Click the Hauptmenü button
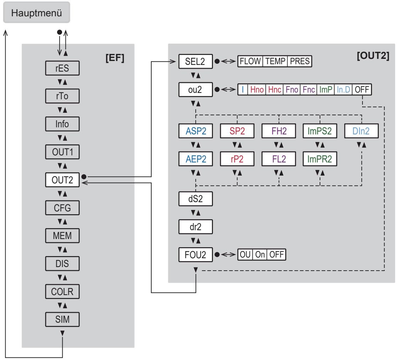point(36,12)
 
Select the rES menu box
point(62,68)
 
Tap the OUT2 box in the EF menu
point(62,180)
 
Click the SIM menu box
point(62,320)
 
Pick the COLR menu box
point(62,292)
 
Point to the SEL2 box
point(196,61)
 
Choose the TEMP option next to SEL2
point(275,61)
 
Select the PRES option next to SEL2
point(300,61)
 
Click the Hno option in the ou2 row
point(257,89)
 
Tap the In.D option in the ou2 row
point(343,89)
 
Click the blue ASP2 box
point(196,131)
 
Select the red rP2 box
point(237,159)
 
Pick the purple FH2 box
point(279,131)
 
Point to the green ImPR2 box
point(320,159)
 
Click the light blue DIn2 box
point(361,131)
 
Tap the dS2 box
point(196,199)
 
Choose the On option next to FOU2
point(260,255)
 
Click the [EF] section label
point(115,58)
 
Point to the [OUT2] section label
point(373,56)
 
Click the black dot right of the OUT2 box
point(84,177)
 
